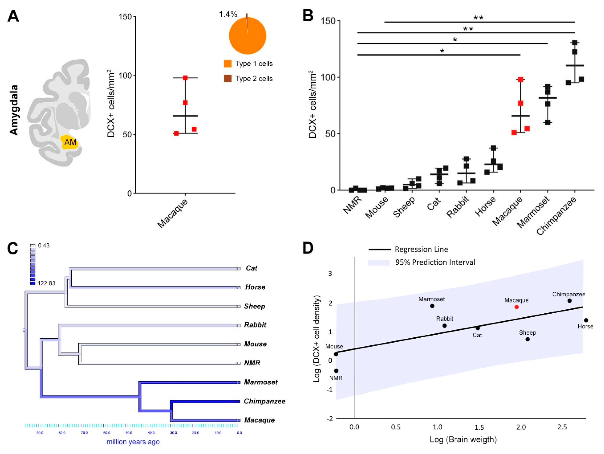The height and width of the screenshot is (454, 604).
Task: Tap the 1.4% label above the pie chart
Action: (x=228, y=14)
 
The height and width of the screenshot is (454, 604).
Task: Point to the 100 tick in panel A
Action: (x=125, y=76)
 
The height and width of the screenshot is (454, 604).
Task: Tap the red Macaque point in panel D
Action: (x=516, y=307)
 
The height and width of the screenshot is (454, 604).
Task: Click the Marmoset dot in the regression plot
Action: (x=432, y=306)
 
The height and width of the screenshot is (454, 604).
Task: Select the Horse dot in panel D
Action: (x=586, y=320)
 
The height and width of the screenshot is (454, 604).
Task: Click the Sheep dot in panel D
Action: (x=528, y=339)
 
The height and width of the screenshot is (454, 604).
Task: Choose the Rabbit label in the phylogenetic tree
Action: (x=255, y=325)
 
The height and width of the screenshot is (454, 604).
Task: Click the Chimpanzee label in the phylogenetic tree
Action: (x=265, y=401)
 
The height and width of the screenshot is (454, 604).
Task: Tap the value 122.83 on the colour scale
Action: (x=46, y=283)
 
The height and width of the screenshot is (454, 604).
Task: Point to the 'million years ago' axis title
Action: (x=133, y=442)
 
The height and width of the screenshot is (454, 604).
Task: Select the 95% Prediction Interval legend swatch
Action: (x=379, y=263)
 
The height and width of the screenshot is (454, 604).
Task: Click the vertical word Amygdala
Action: (x=14, y=110)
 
